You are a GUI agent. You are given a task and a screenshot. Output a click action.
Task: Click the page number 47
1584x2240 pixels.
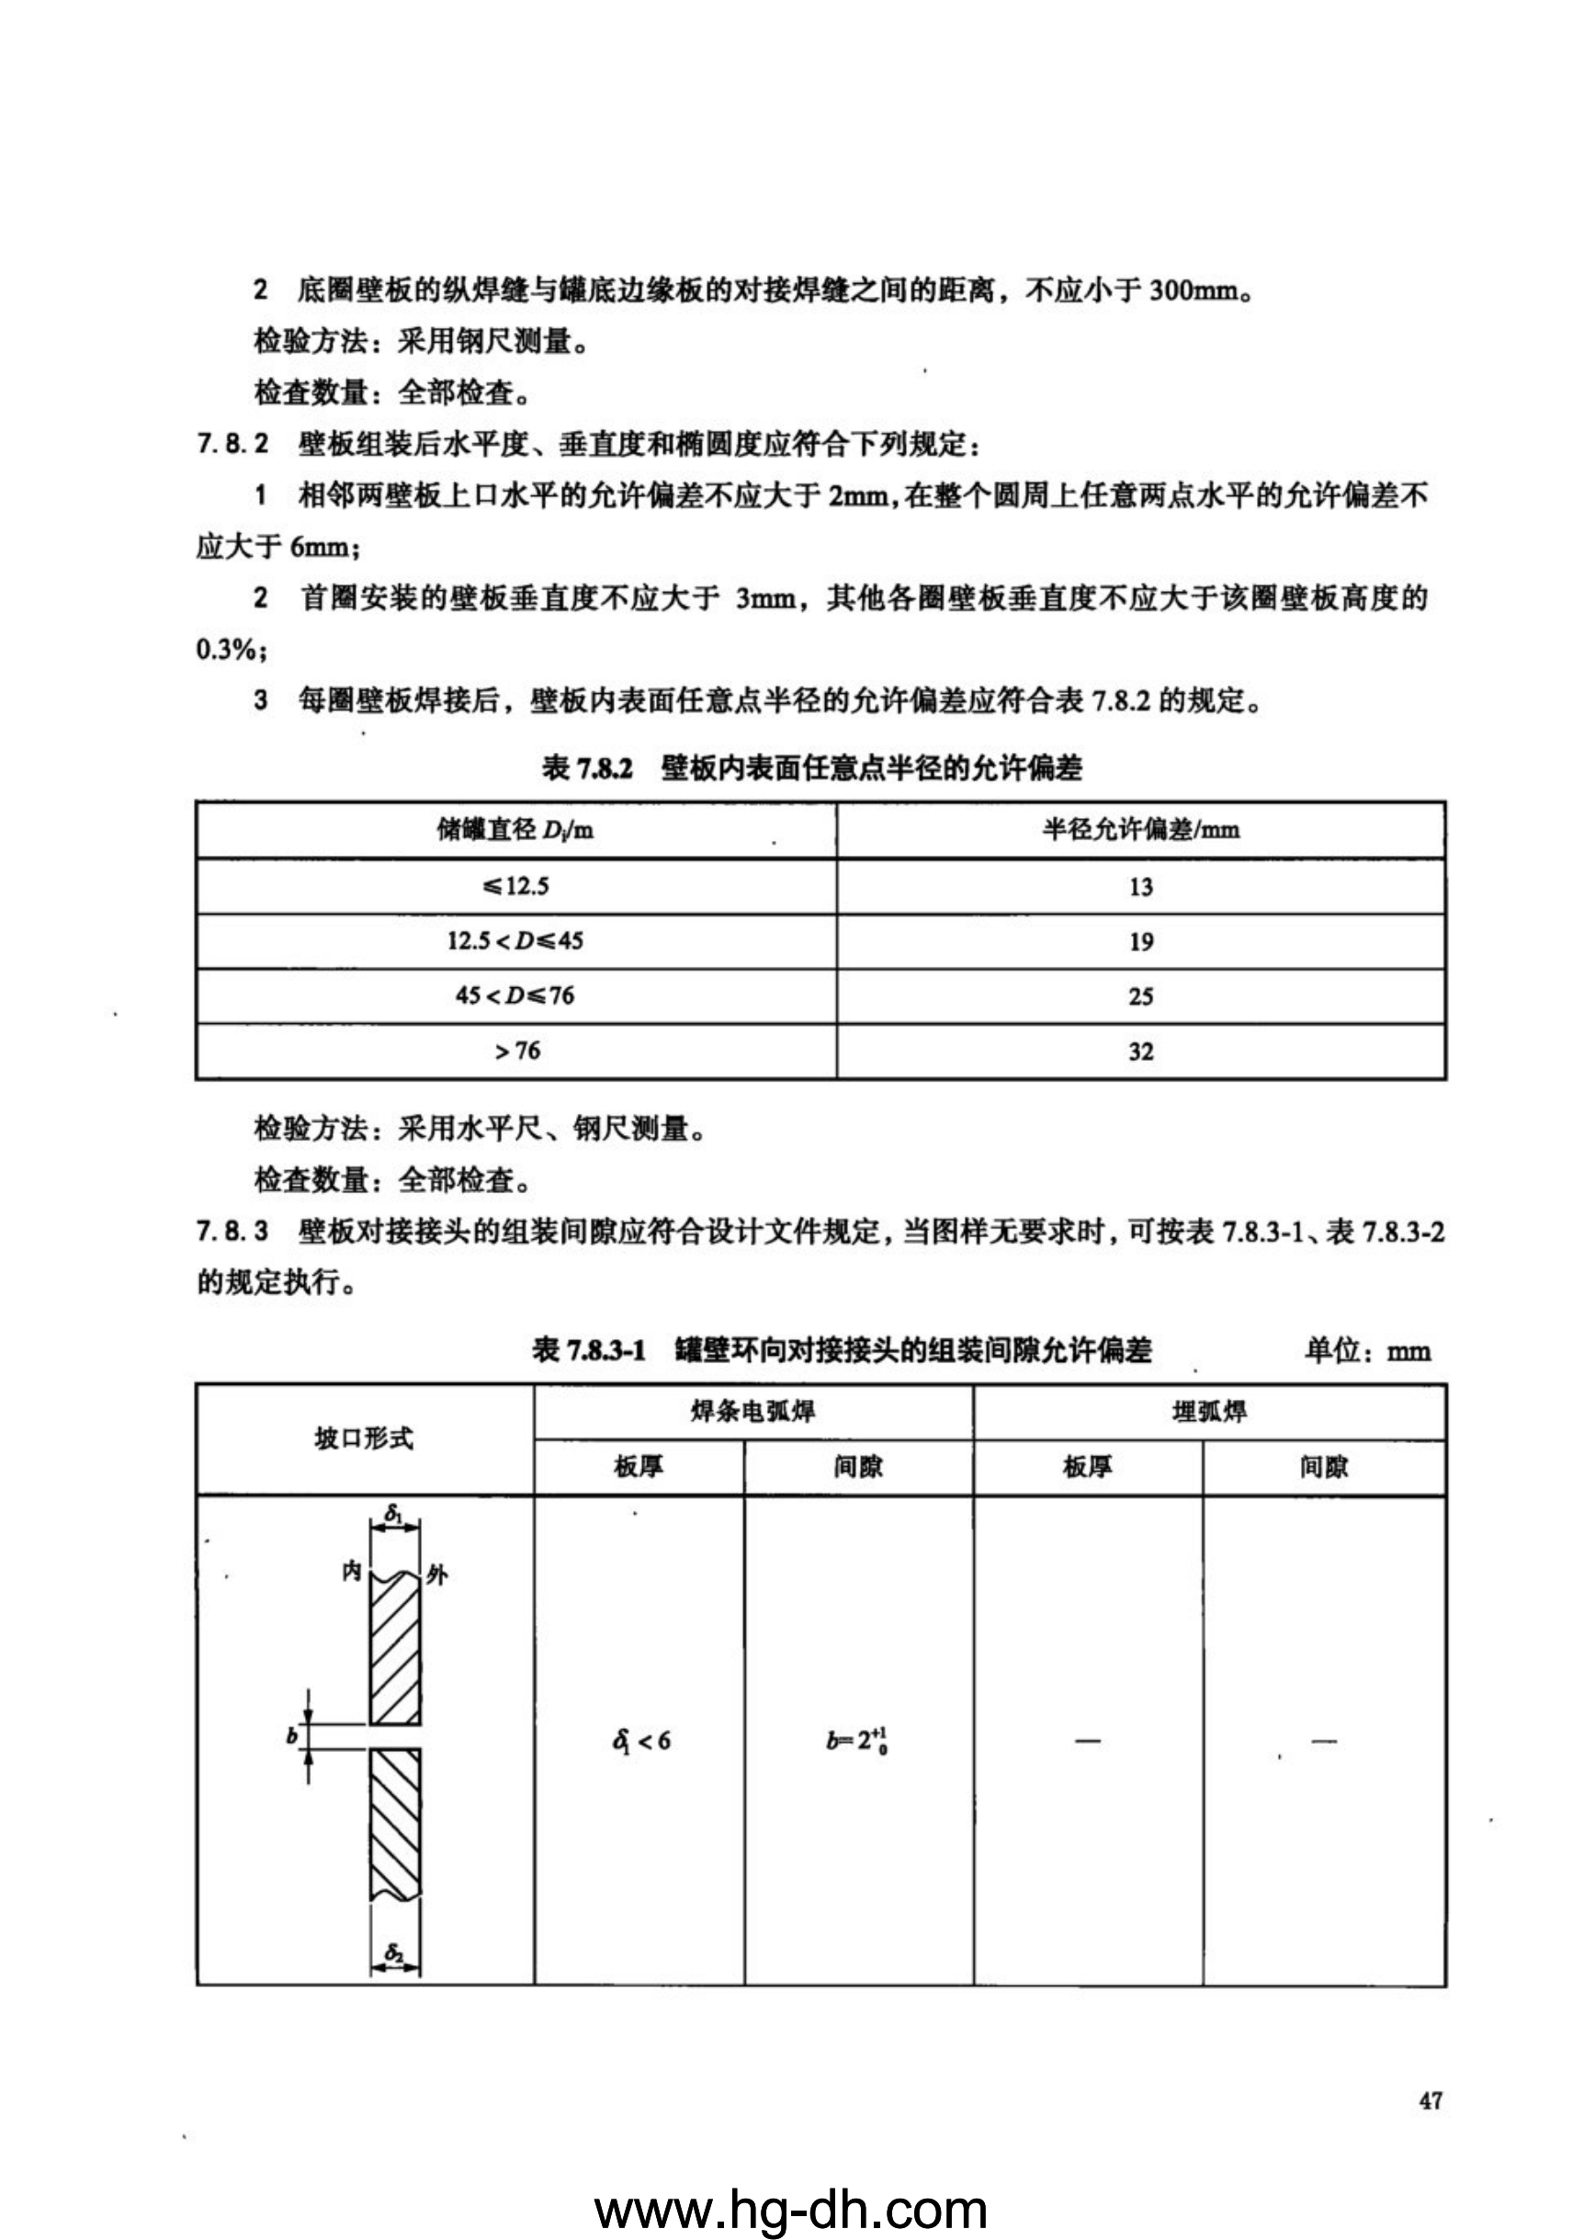[x=1431, y=2100]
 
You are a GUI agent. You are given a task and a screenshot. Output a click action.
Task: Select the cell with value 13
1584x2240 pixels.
[x=1140, y=887]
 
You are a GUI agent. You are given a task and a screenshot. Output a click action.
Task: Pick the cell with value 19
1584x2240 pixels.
[x=1140, y=941]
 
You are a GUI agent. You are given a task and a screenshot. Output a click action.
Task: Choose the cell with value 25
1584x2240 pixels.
[x=1140, y=996]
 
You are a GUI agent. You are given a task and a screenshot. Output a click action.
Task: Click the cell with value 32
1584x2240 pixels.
[x=1140, y=1052]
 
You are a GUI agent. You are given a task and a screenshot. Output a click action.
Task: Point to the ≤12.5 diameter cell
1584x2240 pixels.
[x=516, y=887]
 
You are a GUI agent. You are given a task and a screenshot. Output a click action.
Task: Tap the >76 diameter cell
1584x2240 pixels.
[x=516, y=1051]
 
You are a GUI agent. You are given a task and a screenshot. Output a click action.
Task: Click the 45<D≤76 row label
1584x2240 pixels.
[x=515, y=996]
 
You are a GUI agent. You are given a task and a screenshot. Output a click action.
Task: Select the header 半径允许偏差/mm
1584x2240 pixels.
[x=1140, y=830]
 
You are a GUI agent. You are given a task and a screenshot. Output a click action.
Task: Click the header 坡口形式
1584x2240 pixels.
[x=364, y=1439]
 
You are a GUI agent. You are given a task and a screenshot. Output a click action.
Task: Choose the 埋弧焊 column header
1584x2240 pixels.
[x=1208, y=1412]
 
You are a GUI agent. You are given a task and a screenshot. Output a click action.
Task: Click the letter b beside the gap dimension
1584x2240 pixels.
[x=291, y=1736]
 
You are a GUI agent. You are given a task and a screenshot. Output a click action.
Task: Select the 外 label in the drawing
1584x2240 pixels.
[x=436, y=1575]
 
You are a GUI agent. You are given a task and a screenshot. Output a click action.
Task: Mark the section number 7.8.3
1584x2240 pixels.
[x=232, y=1233]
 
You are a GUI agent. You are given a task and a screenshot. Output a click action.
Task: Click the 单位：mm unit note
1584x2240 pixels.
[x=1366, y=1351]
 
